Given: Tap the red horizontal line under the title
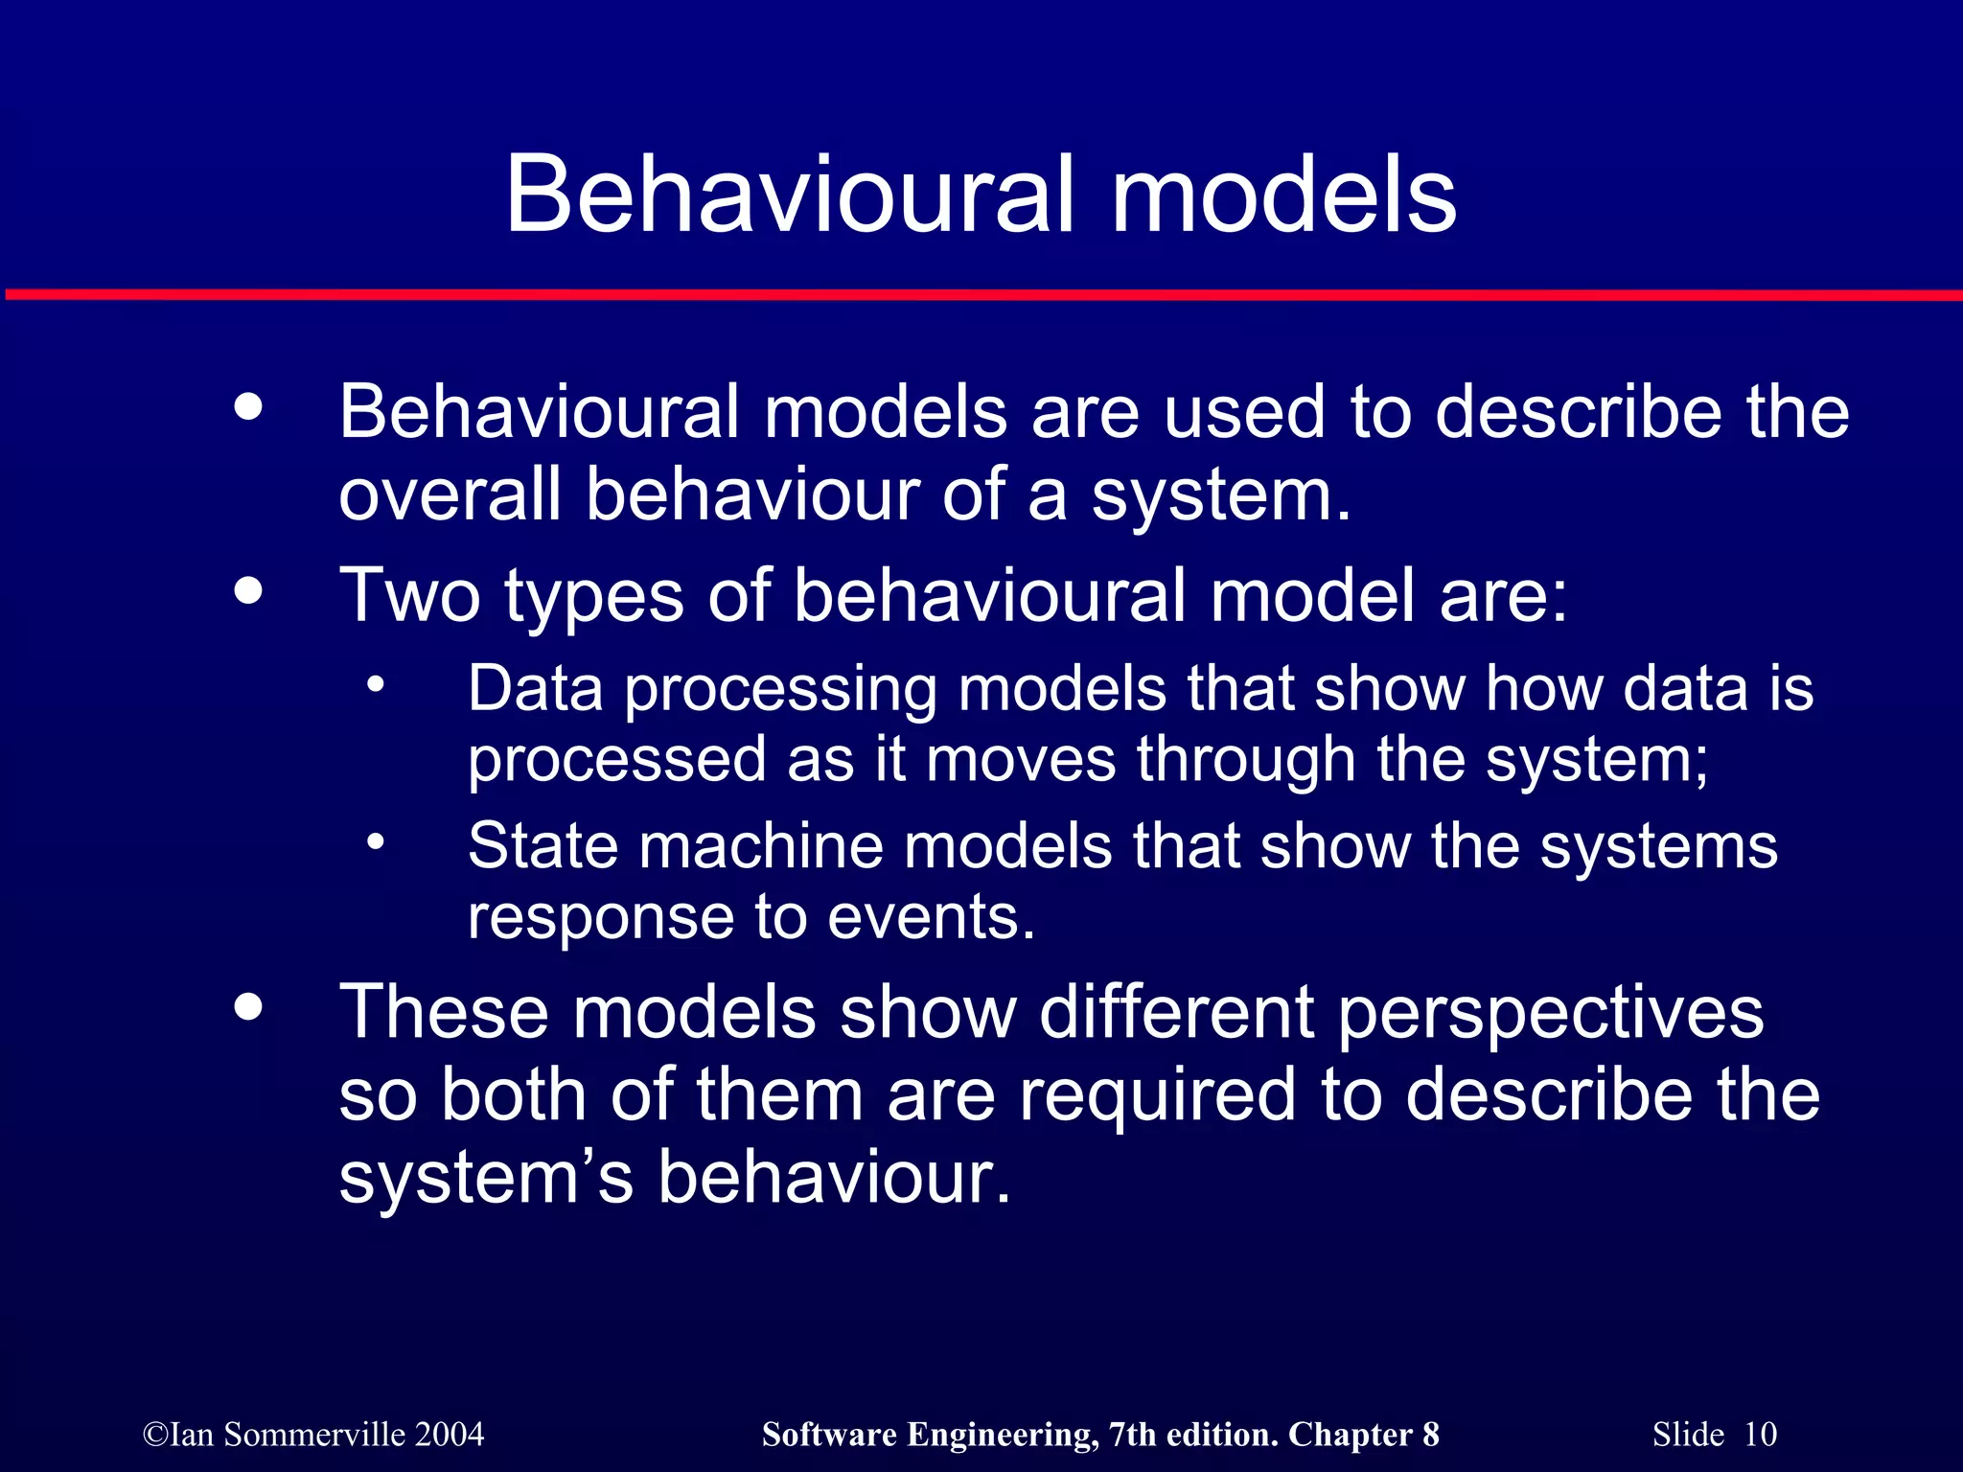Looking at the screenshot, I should click(x=981, y=294).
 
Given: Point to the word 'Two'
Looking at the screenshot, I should click(x=410, y=595).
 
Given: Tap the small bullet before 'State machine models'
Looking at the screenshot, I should click(x=376, y=842).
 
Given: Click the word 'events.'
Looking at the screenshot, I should click(x=931, y=917).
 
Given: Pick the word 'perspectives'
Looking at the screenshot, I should click(x=1550, y=1013).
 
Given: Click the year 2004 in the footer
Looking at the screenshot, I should click(x=450, y=1435).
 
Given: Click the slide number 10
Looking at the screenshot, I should click(x=1760, y=1435).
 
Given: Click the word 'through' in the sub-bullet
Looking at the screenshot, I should click(x=1246, y=760).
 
